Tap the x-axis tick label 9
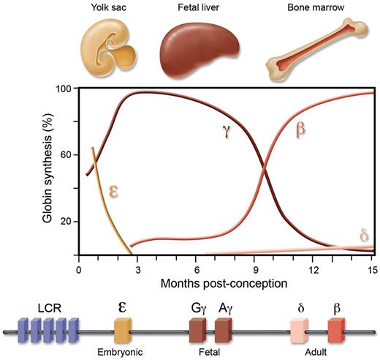(256, 269)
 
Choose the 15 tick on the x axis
(373, 269)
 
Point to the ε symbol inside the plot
(115, 191)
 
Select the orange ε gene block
(123, 333)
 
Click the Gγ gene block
(198, 333)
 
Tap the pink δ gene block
(301, 333)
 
